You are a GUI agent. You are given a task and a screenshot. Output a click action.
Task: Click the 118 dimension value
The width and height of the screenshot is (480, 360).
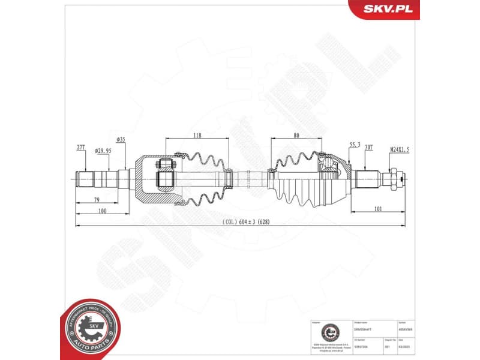tap(197, 136)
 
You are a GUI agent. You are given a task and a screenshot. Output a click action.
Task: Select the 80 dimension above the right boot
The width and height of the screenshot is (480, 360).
tap(296, 136)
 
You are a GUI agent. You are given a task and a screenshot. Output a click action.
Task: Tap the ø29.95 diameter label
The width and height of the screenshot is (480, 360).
tap(103, 151)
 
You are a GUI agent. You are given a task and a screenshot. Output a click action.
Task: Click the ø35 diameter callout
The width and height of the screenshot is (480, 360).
tap(120, 140)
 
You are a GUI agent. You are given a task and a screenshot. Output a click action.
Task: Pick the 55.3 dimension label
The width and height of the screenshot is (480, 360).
tap(354, 145)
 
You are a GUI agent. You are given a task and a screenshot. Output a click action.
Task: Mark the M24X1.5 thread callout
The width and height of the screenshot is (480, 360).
tap(399, 150)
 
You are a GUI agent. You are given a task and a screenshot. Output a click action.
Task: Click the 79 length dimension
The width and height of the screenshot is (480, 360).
tap(95, 200)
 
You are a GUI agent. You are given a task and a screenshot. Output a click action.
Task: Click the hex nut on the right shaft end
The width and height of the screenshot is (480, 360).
tap(394, 178)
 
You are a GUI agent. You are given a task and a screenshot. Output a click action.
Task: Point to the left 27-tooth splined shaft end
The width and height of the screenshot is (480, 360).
tap(86, 179)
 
